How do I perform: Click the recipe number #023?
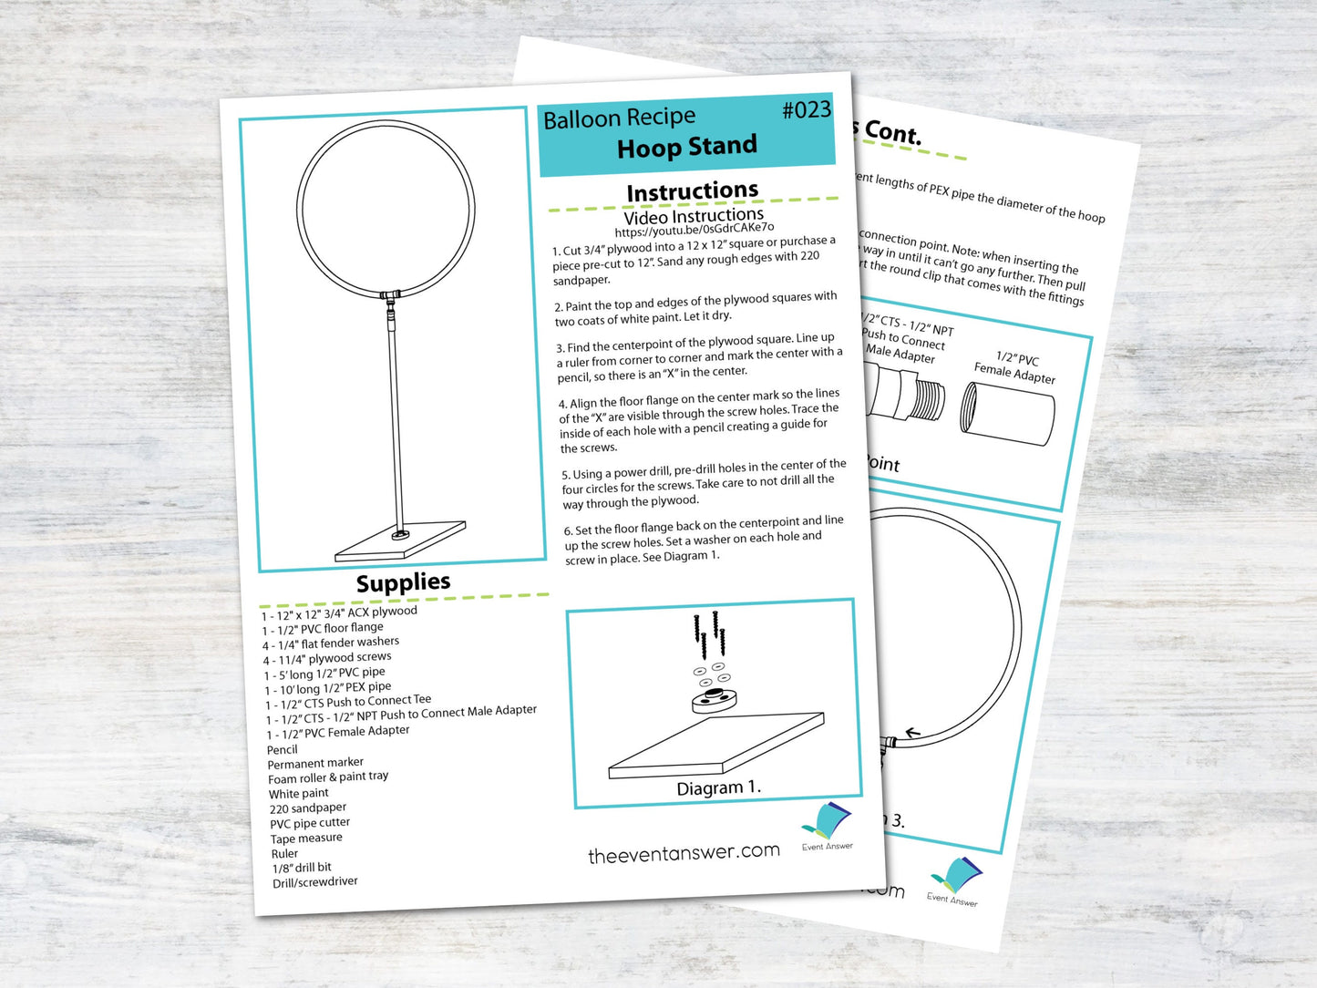point(806,110)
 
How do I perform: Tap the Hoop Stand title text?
point(686,147)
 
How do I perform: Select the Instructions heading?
point(692,191)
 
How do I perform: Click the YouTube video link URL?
point(694,230)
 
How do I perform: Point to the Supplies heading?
point(403,582)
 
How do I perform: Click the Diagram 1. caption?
point(718,787)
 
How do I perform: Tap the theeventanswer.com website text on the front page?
point(684,853)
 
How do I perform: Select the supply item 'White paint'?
point(298,794)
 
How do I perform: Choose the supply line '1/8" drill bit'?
point(302,868)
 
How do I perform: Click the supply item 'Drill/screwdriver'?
point(314,882)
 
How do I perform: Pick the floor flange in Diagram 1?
point(714,701)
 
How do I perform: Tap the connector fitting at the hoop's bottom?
point(390,295)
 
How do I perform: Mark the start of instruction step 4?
point(563,404)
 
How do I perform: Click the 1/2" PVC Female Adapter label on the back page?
point(1015,367)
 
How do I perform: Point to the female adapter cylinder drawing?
point(1008,414)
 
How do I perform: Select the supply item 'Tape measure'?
point(306,839)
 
